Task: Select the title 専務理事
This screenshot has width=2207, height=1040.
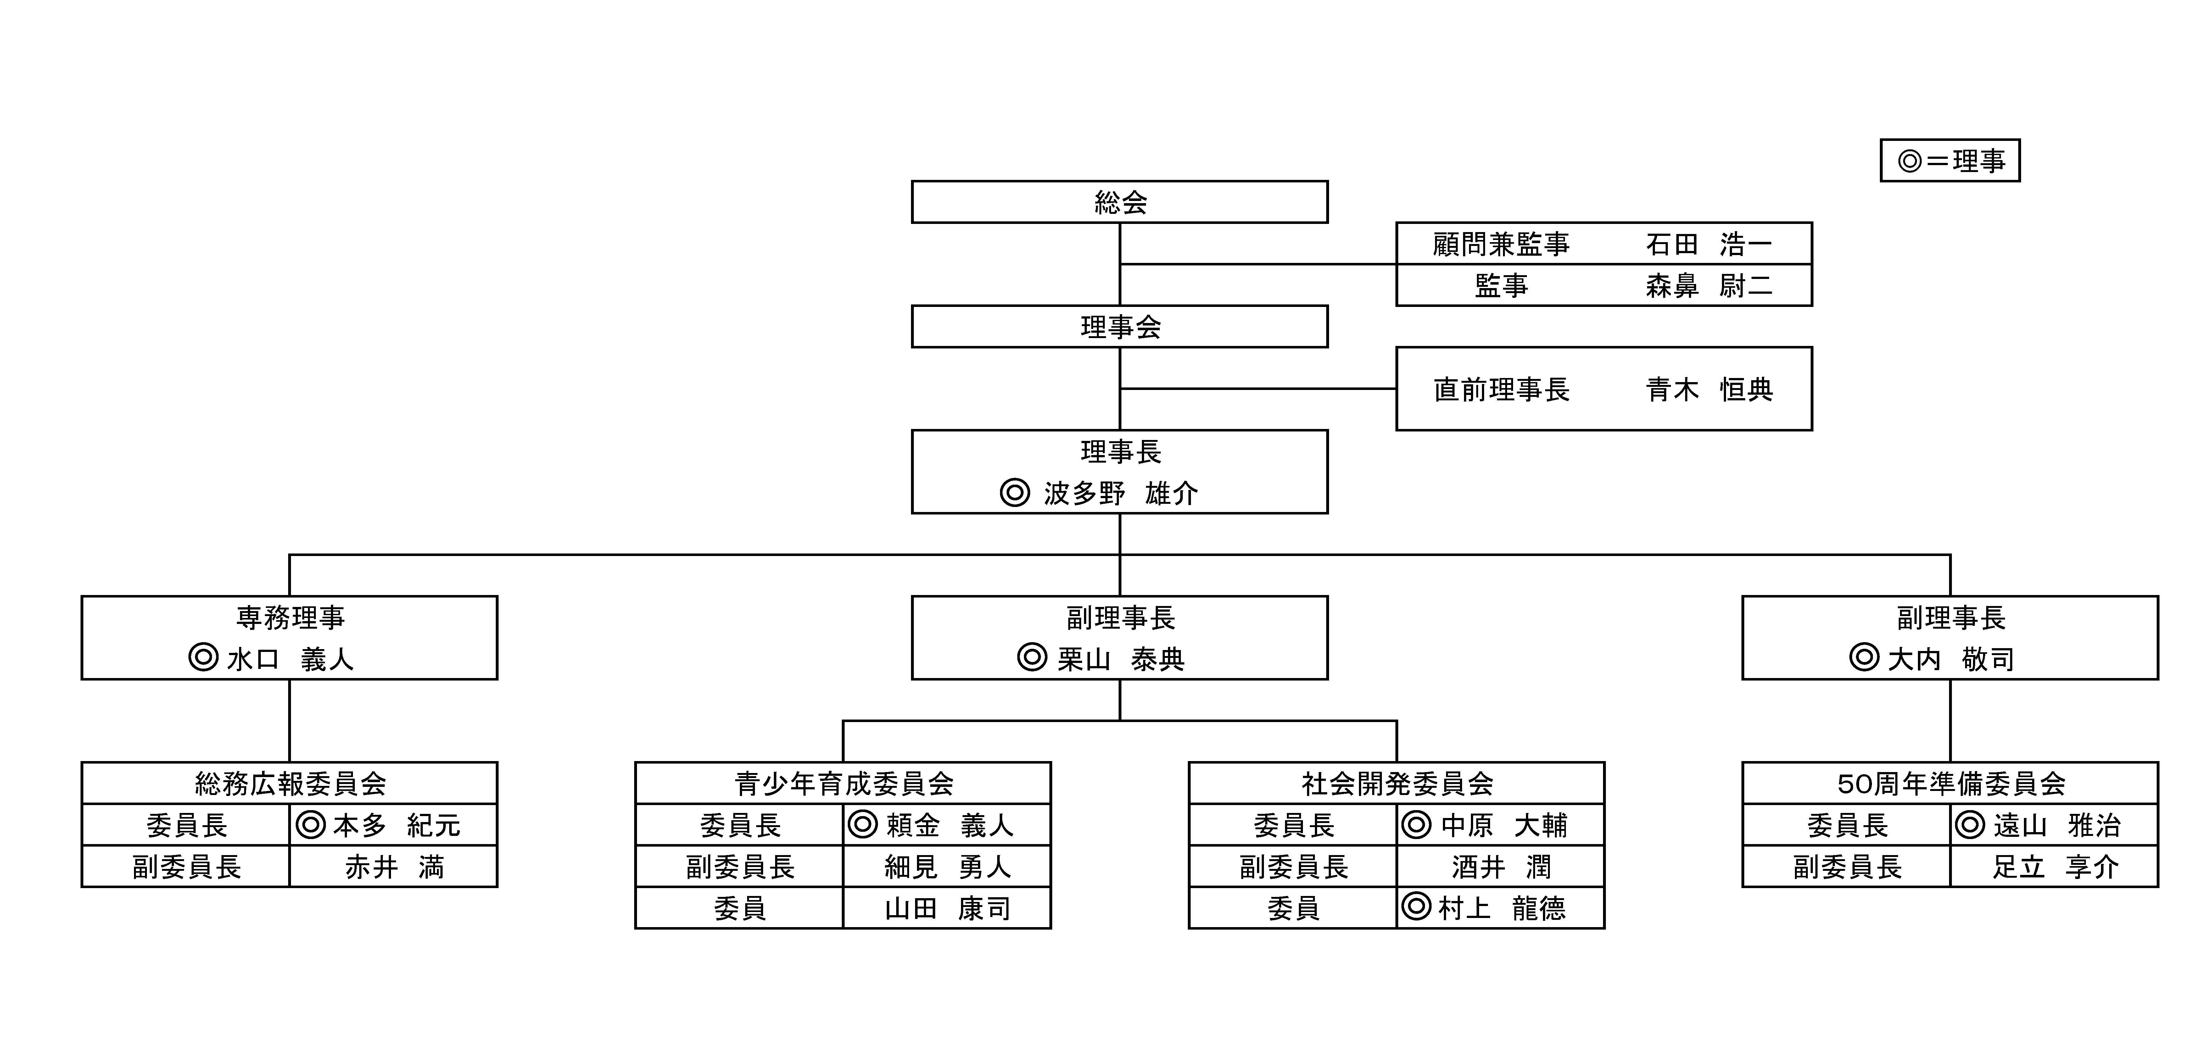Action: click(x=290, y=618)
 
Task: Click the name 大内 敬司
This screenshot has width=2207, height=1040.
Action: click(x=1951, y=660)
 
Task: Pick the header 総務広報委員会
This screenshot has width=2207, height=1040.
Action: click(x=290, y=783)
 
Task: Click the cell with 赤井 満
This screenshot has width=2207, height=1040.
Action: click(x=393, y=867)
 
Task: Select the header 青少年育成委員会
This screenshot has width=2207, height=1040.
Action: click(x=843, y=783)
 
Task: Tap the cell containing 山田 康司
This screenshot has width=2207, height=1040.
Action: click(x=947, y=908)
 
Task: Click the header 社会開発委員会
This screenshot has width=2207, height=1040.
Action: click(x=1396, y=783)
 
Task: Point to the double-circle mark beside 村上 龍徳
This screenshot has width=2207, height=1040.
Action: click(x=1416, y=906)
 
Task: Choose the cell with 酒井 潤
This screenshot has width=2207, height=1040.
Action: click(x=1500, y=867)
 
